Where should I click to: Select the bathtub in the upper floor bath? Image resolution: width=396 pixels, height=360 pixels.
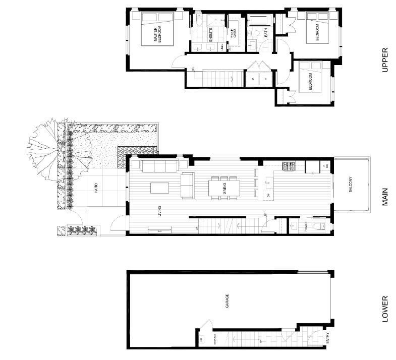click(x=259, y=21)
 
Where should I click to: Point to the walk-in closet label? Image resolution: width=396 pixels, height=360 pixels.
click(x=234, y=33)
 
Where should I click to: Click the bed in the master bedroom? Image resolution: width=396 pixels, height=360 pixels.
click(x=157, y=30)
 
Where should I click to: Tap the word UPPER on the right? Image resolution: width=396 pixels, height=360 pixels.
click(x=385, y=59)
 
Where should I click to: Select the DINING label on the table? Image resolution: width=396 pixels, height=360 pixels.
click(x=224, y=188)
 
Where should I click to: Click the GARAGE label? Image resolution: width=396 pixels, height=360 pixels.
click(x=227, y=301)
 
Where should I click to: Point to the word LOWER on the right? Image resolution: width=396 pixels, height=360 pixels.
click(x=385, y=308)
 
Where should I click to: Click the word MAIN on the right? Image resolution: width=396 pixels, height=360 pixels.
click(x=385, y=197)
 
